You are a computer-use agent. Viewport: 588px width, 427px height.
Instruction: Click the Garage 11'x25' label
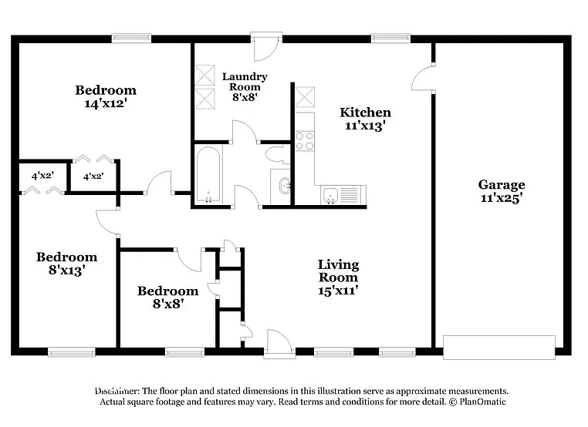501,190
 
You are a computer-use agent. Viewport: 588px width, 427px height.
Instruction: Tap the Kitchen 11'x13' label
365,118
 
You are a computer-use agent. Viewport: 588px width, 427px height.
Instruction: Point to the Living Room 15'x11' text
338,277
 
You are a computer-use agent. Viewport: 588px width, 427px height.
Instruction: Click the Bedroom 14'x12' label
106,96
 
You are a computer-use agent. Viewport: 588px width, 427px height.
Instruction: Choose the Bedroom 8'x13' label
66,264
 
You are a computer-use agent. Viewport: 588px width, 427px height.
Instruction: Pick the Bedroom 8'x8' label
167,297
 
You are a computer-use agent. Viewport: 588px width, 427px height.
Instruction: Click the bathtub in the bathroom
208,173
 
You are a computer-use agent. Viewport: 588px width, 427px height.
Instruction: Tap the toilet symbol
276,154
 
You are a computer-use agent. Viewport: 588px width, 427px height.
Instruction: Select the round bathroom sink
284,186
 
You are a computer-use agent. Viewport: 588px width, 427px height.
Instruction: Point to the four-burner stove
305,140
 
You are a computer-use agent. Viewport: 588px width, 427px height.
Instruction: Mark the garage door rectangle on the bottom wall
499,347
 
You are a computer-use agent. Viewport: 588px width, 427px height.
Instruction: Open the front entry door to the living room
279,344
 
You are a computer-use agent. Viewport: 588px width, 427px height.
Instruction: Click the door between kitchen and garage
423,79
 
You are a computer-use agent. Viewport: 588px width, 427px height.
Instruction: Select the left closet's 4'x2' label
41,176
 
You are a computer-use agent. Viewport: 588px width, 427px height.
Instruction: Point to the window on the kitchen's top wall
390,36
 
